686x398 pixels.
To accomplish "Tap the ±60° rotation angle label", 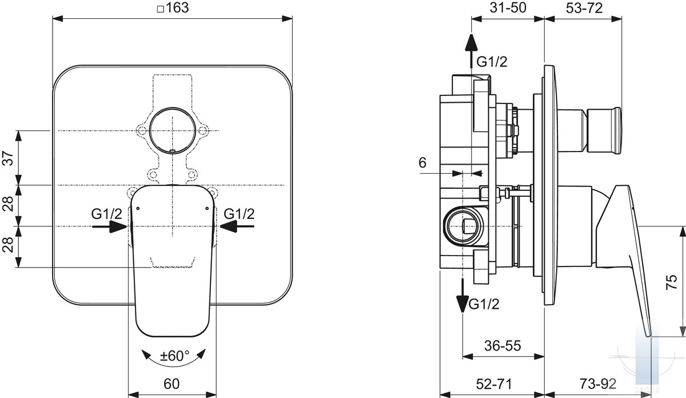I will click(x=174, y=356).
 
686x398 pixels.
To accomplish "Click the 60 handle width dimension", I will click(x=172, y=383).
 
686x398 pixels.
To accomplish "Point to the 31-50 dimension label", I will click(x=507, y=7).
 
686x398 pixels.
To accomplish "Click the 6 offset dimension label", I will click(x=422, y=162).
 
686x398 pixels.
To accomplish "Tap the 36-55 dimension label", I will click(x=502, y=346).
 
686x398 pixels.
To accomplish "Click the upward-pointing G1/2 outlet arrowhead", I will click(x=470, y=43).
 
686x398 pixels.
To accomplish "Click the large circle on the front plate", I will click(x=171, y=130).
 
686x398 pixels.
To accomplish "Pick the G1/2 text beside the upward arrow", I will click(x=492, y=61).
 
